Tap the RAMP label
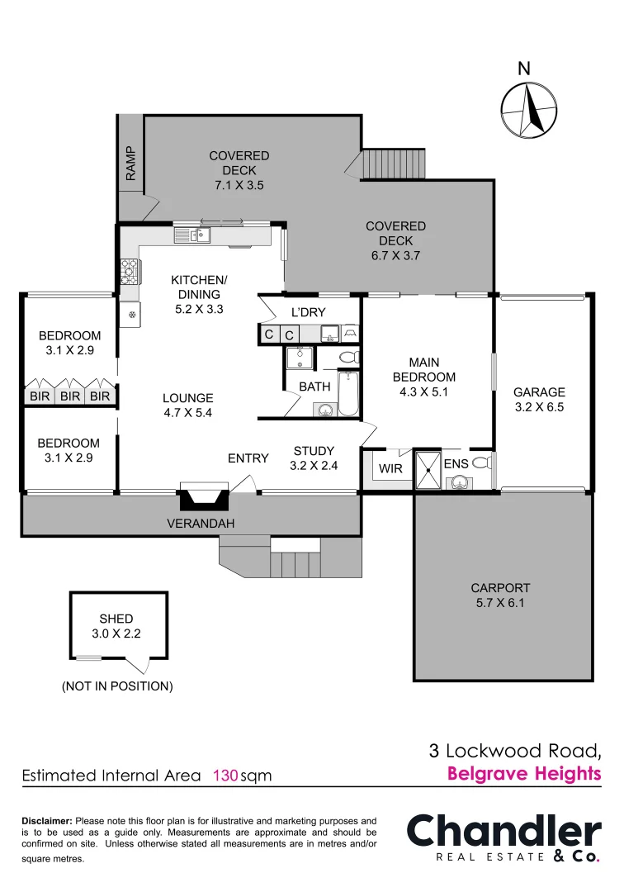(130, 163)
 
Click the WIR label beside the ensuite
(390, 469)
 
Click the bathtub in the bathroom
(349, 394)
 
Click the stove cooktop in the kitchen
(130, 272)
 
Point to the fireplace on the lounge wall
(202, 497)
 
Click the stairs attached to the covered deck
(393, 164)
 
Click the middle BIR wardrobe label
(70, 396)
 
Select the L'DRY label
(310, 313)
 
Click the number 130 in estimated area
(225, 776)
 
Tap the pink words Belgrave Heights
(523, 774)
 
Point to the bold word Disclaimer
(46, 821)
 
